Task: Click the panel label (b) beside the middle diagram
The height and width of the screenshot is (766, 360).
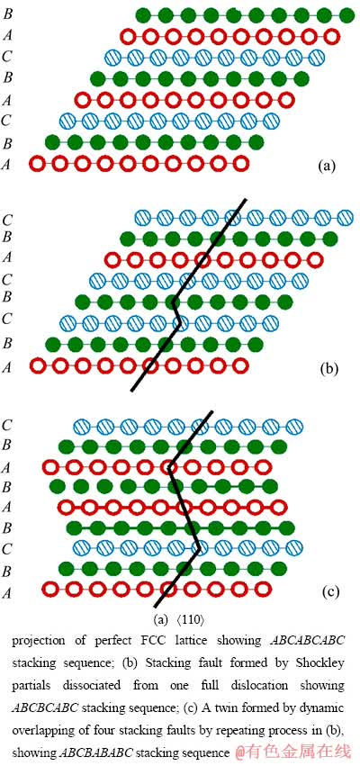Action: pos(329,369)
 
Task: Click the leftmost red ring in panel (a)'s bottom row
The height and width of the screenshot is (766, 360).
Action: pos(37,164)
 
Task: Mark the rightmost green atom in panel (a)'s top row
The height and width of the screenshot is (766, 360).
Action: pos(346,15)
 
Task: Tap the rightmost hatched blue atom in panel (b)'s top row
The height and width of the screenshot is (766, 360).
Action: pos(346,216)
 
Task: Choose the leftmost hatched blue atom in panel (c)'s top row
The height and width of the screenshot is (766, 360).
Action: pos(81,426)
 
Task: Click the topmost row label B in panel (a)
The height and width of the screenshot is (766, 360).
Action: pos(8,14)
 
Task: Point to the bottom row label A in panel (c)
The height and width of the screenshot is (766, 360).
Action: pos(7,592)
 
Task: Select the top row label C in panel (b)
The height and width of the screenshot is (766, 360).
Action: pos(7,220)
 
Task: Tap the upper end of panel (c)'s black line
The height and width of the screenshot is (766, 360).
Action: pos(212,412)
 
